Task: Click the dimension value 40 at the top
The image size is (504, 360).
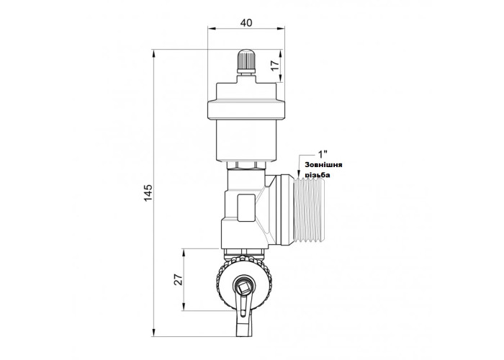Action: tap(246, 23)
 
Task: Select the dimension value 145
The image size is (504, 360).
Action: tap(148, 193)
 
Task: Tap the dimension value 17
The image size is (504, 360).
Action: tap(275, 66)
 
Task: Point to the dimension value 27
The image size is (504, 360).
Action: tap(179, 279)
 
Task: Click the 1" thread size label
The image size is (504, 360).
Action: tap(323, 153)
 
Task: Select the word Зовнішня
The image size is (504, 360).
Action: tap(323, 165)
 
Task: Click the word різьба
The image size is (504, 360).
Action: tap(318, 175)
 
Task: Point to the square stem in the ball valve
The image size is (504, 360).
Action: tap(246, 284)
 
